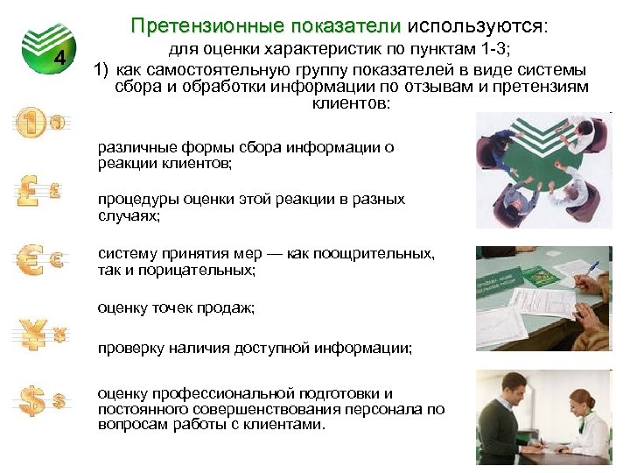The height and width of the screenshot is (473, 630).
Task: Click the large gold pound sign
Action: coord(29,191)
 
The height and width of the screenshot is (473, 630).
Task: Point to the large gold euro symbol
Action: coord(31,259)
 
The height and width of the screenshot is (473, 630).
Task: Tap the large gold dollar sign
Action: coord(31,401)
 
